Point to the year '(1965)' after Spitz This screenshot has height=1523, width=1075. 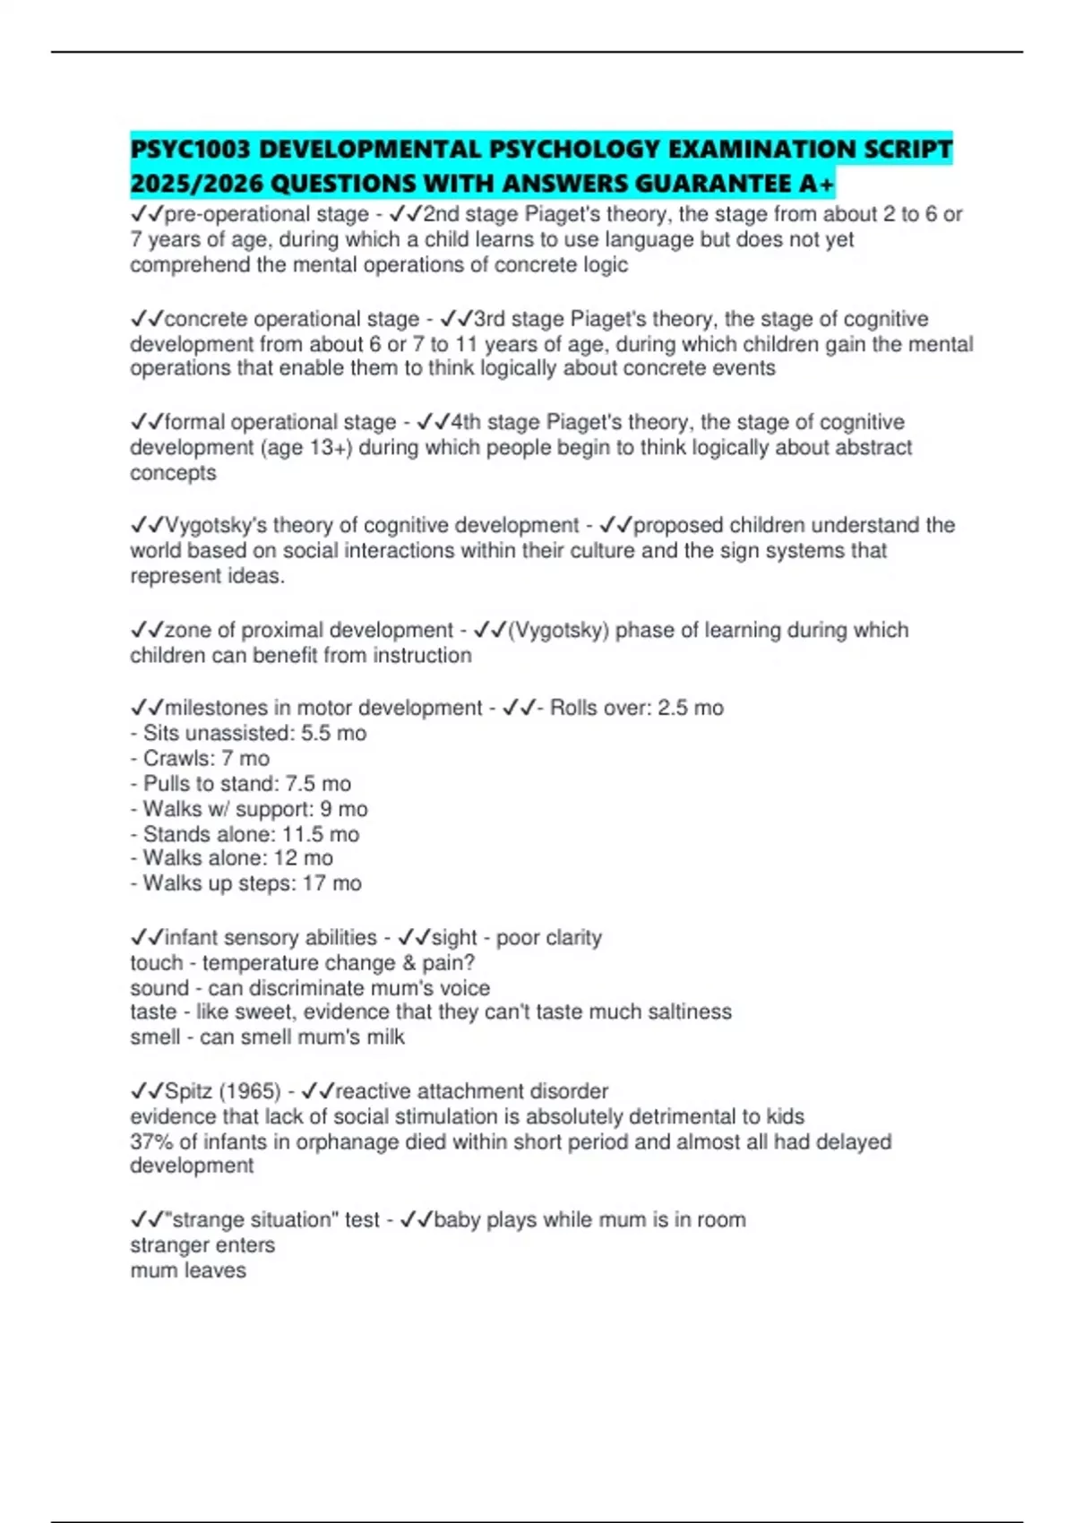coord(250,1091)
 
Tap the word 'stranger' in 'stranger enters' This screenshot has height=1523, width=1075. coord(168,1245)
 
